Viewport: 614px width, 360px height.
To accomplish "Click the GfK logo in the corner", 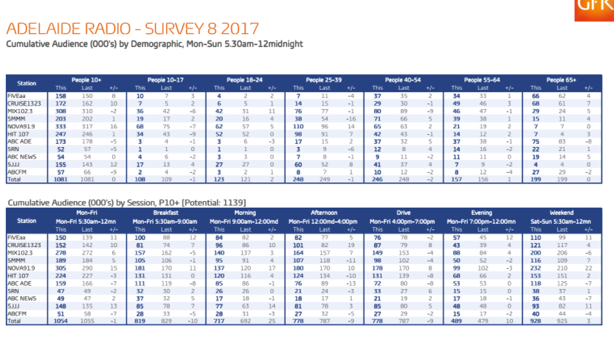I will (593, 6).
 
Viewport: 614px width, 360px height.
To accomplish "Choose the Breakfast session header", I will (166, 212).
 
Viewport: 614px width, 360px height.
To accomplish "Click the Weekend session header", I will (562, 212).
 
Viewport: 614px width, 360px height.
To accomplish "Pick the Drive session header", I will (404, 212).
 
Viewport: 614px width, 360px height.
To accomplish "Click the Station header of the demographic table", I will (26, 84).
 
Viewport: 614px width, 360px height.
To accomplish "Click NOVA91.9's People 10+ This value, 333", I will (61, 126).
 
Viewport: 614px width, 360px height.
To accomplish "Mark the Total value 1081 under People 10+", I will (59, 179).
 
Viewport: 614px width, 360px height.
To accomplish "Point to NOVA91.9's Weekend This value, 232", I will (535, 267).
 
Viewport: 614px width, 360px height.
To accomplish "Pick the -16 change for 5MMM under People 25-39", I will (351, 119).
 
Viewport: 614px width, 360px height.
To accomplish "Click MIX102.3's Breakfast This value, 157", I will (140, 252).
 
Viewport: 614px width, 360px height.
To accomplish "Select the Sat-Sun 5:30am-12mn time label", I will (562, 221).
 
